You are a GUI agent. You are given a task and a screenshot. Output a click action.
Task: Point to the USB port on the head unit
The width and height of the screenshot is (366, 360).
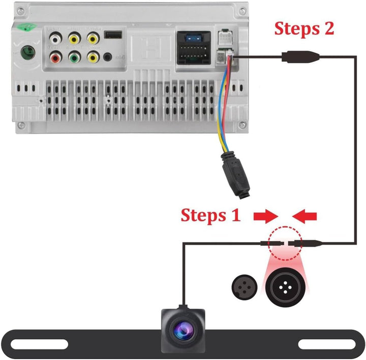point(112,35)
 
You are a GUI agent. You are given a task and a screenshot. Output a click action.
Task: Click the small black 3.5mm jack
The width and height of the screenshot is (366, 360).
point(107,56)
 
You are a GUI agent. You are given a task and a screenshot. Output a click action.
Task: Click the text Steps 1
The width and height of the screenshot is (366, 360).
point(210,215)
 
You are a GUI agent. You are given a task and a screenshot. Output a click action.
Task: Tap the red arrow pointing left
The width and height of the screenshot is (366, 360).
point(307,216)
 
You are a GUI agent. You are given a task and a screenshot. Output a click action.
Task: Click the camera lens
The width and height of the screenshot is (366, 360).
point(183,330)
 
